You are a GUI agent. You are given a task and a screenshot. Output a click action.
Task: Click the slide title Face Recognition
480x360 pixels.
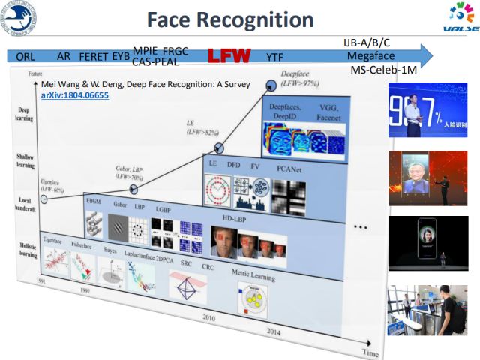point(230,19)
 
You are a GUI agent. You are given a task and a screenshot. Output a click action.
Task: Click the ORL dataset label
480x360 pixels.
point(26,56)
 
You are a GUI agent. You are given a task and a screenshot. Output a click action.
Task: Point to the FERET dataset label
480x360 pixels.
point(93,56)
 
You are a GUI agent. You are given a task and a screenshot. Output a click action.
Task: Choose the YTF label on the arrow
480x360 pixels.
point(275,56)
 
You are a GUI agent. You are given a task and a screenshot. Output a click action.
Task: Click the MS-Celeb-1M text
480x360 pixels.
point(384,69)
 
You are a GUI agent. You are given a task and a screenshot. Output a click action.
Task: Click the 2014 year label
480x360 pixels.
point(274,331)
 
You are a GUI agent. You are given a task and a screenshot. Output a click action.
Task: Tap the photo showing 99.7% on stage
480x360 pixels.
point(428,112)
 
